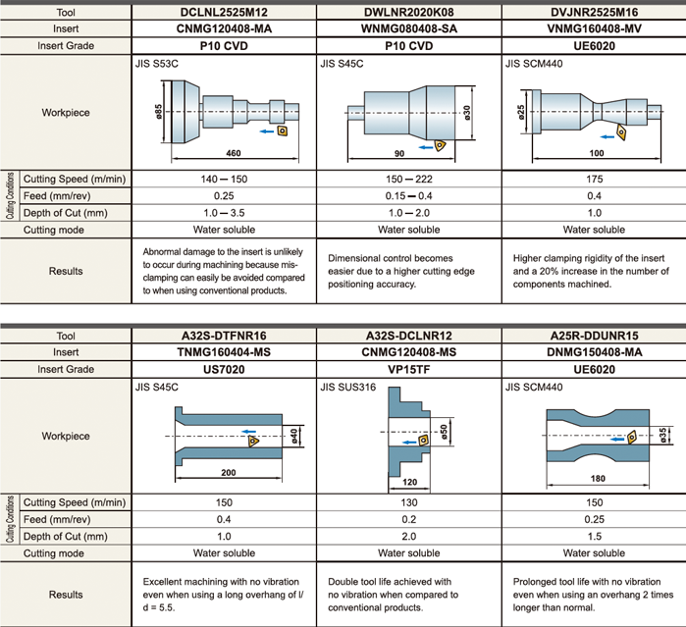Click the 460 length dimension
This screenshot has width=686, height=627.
[233, 154]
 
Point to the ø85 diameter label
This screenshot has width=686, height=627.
[158, 111]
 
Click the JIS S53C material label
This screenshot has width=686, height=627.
[156, 64]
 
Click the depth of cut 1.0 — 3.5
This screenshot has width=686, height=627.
[225, 213]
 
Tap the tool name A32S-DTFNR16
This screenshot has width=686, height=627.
[225, 336]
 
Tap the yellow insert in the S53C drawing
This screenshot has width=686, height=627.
[281, 129]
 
